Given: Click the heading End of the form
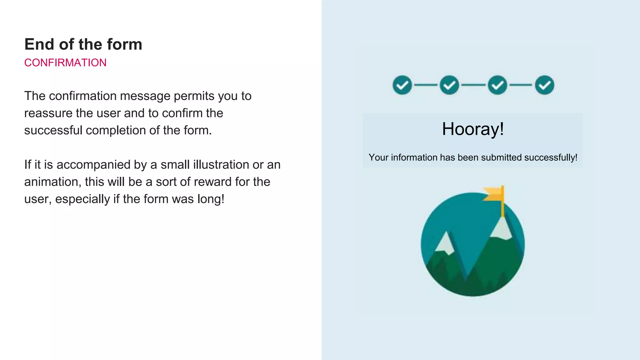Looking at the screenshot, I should click(x=83, y=44).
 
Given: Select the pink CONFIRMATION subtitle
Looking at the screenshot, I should click(x=65, y=63).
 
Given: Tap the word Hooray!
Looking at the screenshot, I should click(x=473, y=129).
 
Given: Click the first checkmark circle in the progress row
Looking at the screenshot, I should click(x=402, y=85).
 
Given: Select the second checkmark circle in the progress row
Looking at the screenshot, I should click(x=449, y=85).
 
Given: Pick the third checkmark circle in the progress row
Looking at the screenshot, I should click(x=497, y=85).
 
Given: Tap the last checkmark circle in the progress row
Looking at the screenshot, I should click(x=544, y=85).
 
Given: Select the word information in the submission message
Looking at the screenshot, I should click(x=414, y=157).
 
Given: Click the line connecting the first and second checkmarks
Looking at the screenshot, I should click(x=426, y=85).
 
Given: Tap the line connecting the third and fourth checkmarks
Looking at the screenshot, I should click(x=521, y=85).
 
